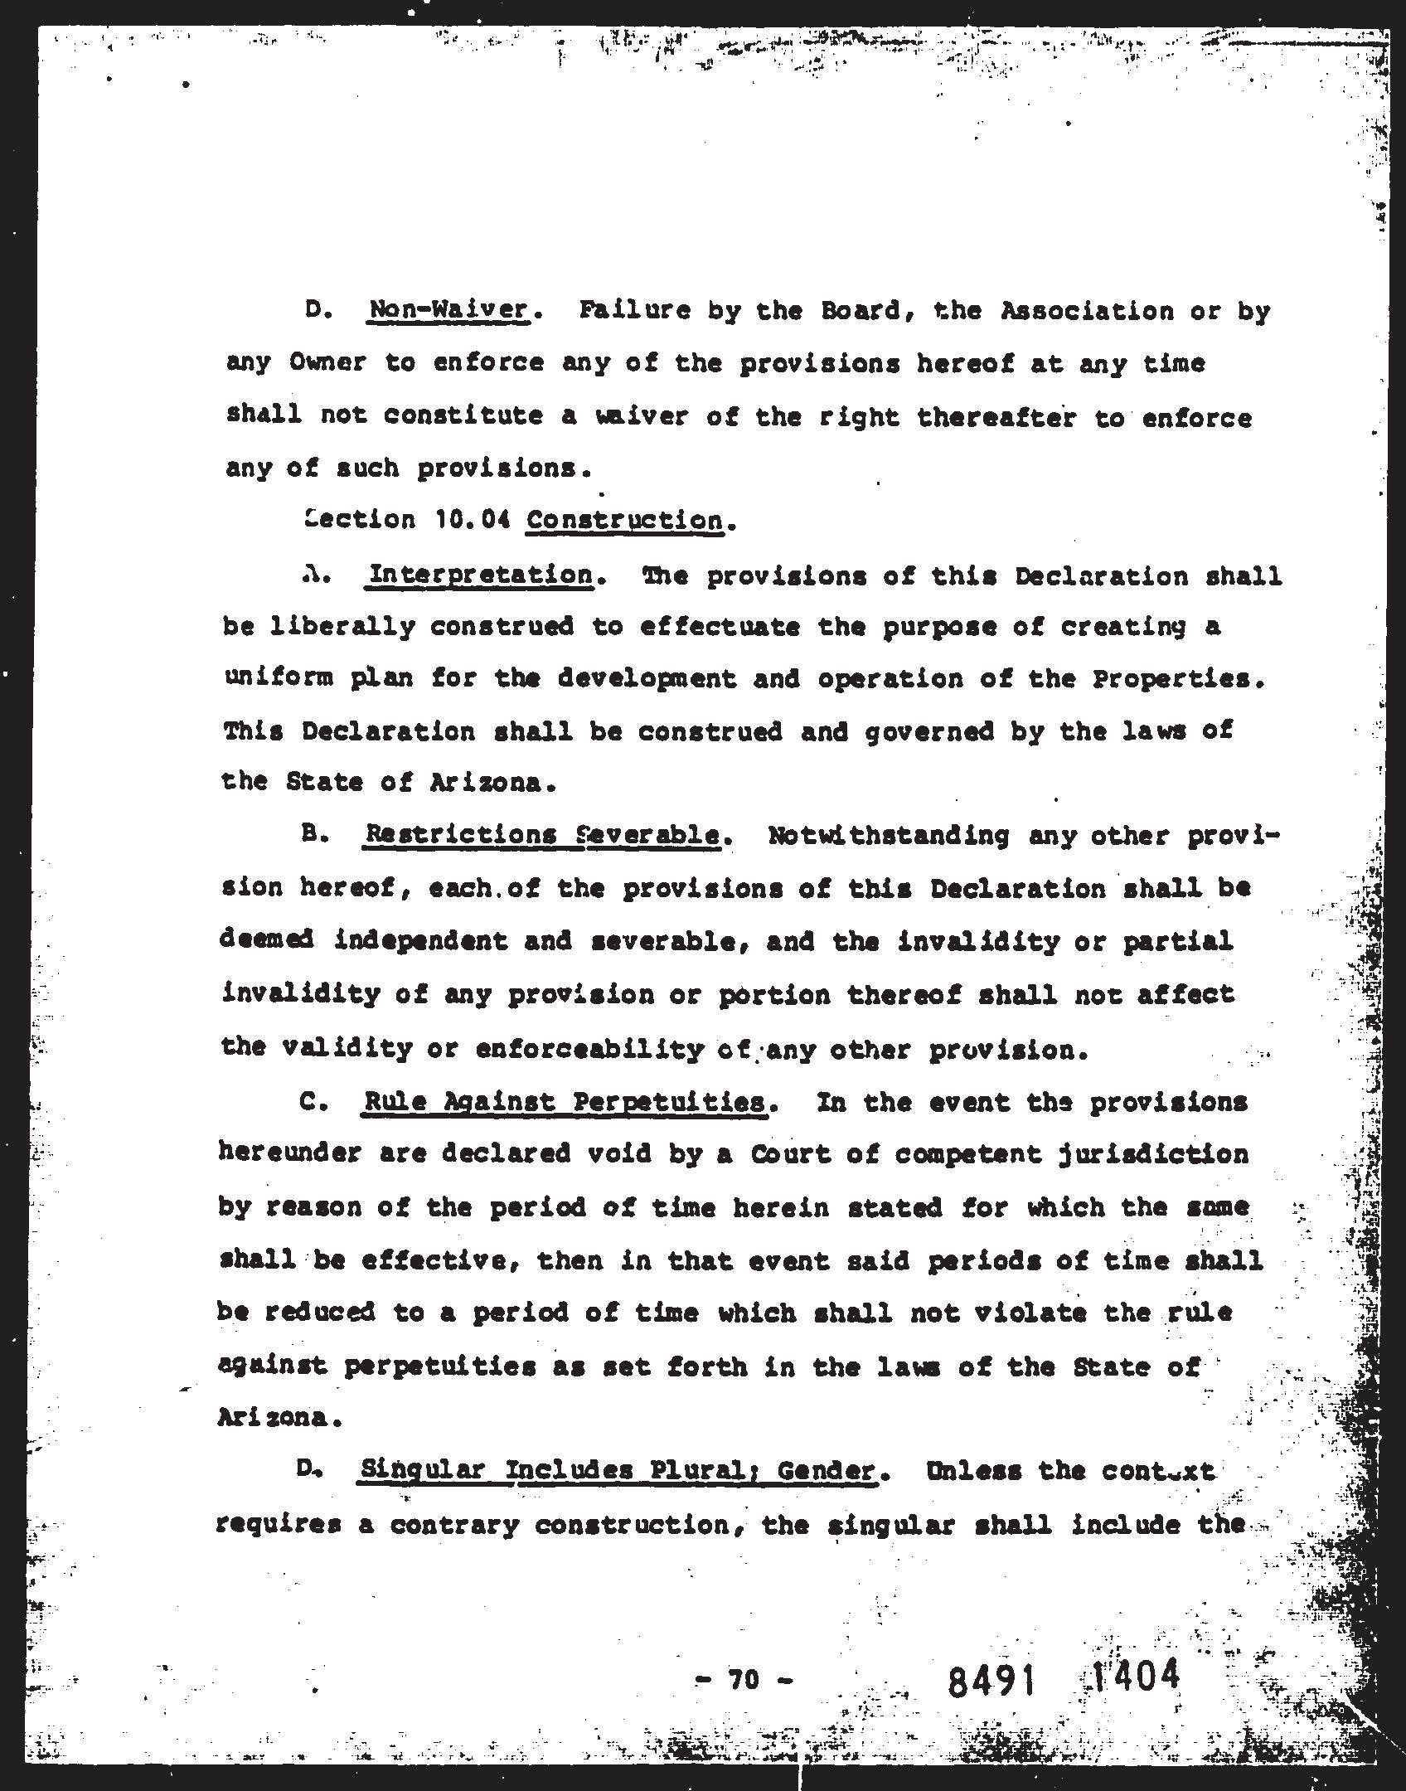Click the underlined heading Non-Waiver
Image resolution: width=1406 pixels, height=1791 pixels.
tap(448, 310)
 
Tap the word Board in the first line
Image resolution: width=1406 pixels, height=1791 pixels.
tap(859, 310)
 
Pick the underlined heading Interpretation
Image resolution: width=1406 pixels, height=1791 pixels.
tap(481, 574)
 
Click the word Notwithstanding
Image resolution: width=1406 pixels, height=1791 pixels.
tap(889, 835)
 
